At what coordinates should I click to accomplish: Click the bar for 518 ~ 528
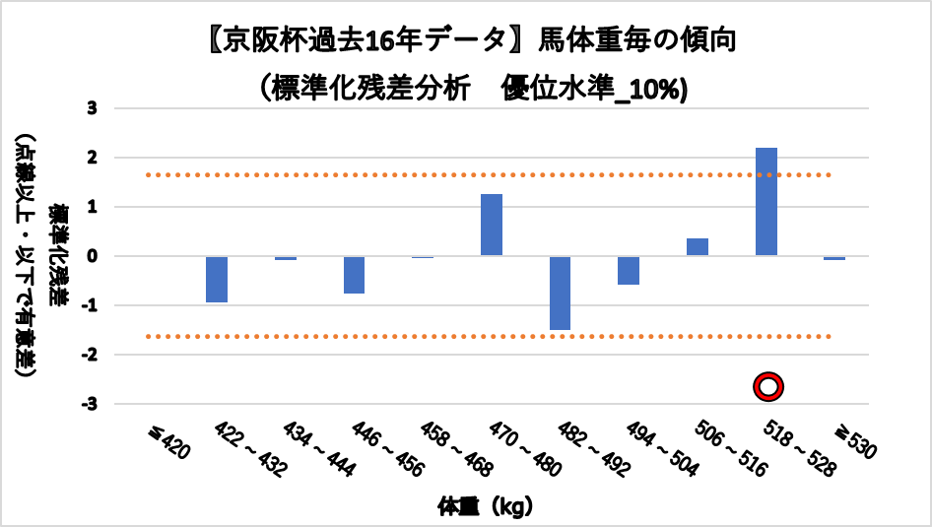point(766,202)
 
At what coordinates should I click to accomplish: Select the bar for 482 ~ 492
point(561,293)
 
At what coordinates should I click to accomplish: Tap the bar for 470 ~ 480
point(492,225)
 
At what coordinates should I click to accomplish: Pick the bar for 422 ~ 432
point(217,279)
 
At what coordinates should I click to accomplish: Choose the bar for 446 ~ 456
point(355,275)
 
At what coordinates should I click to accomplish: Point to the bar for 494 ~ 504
point(629,270)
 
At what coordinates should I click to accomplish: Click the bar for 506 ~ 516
point(698,247)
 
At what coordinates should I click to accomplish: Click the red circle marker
point(767,387)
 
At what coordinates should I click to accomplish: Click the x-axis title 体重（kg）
point(485,507)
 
